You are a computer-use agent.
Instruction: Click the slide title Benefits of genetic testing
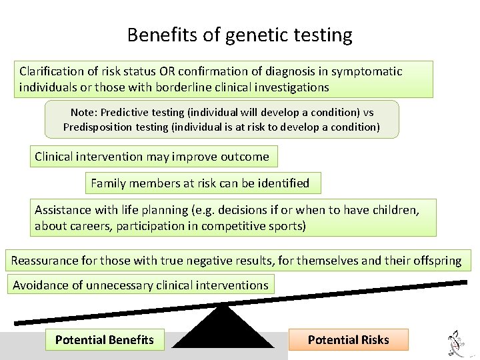(239, 35)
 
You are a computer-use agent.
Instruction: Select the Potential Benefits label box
(105, 340)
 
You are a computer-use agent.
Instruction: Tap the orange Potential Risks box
(348, 340)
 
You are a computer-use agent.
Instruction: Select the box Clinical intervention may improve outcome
(153, 157)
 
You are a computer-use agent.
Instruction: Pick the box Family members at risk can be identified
(201, 183)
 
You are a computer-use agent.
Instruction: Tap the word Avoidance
(41, 285)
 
